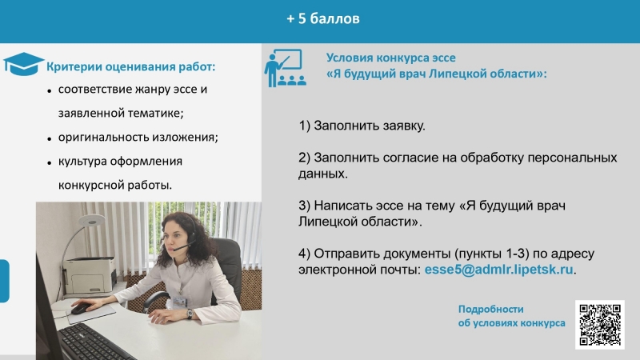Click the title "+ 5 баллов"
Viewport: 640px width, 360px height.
pyautogui.click(x=323, y=18)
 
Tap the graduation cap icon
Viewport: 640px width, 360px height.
pyautogui.click(x=23, y=64)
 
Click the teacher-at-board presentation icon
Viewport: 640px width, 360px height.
pyautogui.click(x=285, y=68)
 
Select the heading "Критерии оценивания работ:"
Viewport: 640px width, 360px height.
pyautogui.click(x=130, y=66)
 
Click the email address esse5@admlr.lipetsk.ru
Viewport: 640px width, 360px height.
pyautogui.click(x=498, y=270)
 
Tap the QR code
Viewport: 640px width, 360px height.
pyautogui.click(x=599, y=325)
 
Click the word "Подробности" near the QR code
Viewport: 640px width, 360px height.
pyautogui.click(x=490, y=309)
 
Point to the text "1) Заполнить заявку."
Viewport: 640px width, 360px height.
pyautogui.click(x=362, y=126)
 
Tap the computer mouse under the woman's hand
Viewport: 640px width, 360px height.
pyautogui.click(x=81, y=309)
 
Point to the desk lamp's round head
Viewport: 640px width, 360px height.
pyautogui.click(x=91, y=221)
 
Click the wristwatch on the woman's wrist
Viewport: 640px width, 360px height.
pyautogui.click(x=190, y=314)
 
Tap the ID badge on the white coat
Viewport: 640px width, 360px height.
pyautogui.click(x=179, y=302)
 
